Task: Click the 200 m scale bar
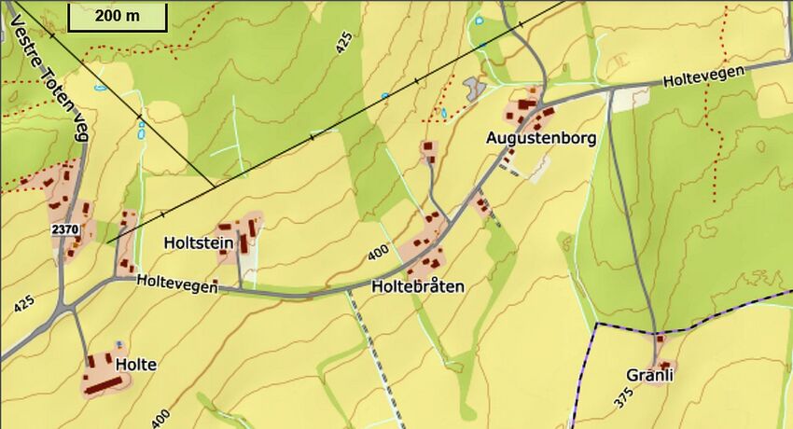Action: point(117,16)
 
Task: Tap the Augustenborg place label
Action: point(540,138)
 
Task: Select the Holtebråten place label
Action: point(417,286)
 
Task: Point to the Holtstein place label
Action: point(197,242)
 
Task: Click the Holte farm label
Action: point(135,365)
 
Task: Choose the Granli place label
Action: point(650,375)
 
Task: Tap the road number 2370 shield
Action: point(64,229)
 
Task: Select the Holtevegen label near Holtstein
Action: point(176,284)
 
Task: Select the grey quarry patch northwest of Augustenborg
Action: point(475,89)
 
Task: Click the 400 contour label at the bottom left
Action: point(160,417)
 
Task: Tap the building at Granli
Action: point(660,363)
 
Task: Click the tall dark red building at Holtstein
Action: point(244,243)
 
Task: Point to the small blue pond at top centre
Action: point(480,20)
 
